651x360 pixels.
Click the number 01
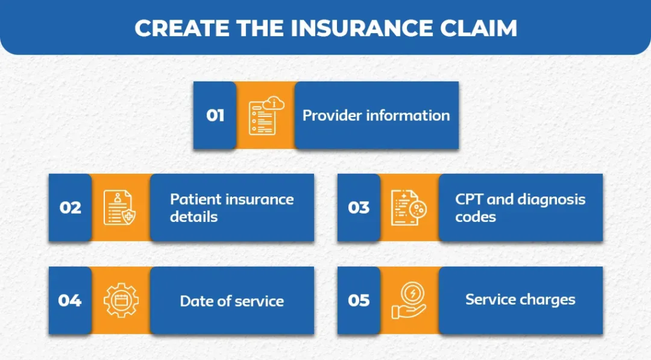[216, 116]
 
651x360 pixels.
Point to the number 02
[71, 208]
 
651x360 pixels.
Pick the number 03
[359, 208]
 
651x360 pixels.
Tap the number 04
[70, 300]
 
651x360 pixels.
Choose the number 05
[359, 300]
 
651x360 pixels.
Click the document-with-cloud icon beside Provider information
[265, 116]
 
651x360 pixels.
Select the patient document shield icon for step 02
[120, 208]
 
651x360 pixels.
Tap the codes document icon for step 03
[408, 208]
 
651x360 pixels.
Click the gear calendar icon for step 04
[120, 300]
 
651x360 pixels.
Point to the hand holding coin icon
[408, 300]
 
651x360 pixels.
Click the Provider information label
[376, 116]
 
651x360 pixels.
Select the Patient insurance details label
[231, 208]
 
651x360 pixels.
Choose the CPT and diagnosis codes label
[520, 208]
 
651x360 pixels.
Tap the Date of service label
[231, 301]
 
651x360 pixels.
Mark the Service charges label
[520, 300]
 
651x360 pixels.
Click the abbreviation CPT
[469, 199]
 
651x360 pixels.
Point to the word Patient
[191, 199]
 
